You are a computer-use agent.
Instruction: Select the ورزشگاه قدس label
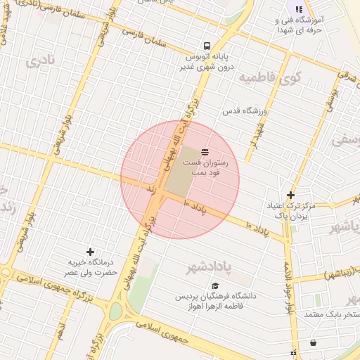(245, 112)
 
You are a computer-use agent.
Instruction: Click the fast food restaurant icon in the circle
(205, 152)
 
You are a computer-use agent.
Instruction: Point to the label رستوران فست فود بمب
(211, 167)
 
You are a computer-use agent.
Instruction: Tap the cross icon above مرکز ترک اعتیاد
(290, 194)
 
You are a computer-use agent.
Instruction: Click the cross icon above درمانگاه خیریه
(90, 251)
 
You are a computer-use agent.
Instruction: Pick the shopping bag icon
(312, 343)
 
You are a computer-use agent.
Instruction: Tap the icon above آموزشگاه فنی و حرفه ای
(299, 9)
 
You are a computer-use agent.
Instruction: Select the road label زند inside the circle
(150, 190)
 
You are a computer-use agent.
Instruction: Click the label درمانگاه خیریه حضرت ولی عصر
(89, 266)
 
